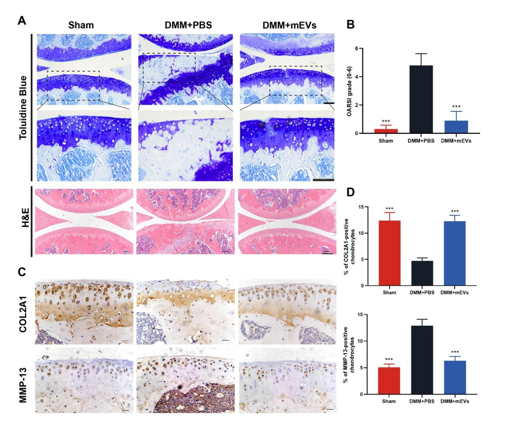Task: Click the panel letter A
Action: tap(22, 21)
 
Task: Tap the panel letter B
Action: tap(351, 24)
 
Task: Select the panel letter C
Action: tap(22, 272)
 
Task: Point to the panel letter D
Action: tap(351, 192)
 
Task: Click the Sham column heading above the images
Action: tap(81, 25)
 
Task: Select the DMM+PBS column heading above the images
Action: tap(188, 25)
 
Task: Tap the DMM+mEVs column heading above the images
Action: tap(290, 25)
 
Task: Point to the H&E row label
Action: tap(25, 217)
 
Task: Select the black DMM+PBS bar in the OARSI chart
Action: tap(421, 99)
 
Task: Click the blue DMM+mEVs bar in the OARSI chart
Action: tap(456, 127)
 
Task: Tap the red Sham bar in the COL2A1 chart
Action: tap(389, 253)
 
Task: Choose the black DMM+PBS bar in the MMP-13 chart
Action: tap(422, 360)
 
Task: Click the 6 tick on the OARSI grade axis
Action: tap(356, 48)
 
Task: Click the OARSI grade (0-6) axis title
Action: tap(349, 91)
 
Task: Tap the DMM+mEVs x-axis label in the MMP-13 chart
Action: tap(455, 401)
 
